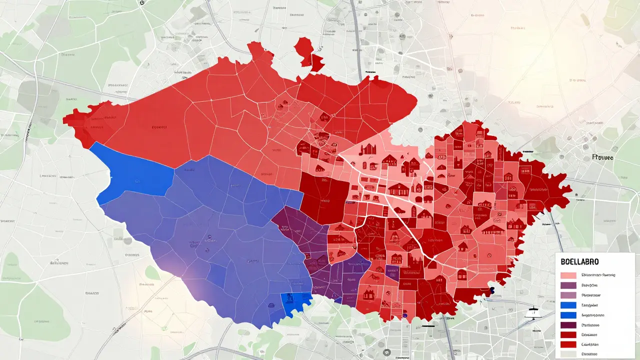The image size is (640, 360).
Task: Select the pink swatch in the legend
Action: point(568,275)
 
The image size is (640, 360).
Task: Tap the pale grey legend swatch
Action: point(568,354)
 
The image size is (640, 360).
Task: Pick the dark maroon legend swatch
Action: point(568,325)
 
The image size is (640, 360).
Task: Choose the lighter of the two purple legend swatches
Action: point(568,295)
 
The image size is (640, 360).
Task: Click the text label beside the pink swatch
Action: point(598,275)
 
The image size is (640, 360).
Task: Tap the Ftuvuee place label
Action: point(602,157)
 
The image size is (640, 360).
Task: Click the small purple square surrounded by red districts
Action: point(391,273)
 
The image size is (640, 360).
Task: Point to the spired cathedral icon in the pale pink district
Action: point(368,149)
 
